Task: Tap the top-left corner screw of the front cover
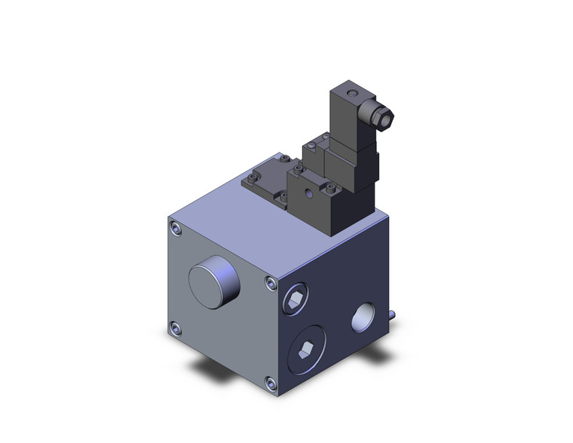[176, 228]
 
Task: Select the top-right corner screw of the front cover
[270, 282]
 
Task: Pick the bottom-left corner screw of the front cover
[176, 328]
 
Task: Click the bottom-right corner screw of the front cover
[269, 382]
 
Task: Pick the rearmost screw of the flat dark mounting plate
[286, 158]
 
